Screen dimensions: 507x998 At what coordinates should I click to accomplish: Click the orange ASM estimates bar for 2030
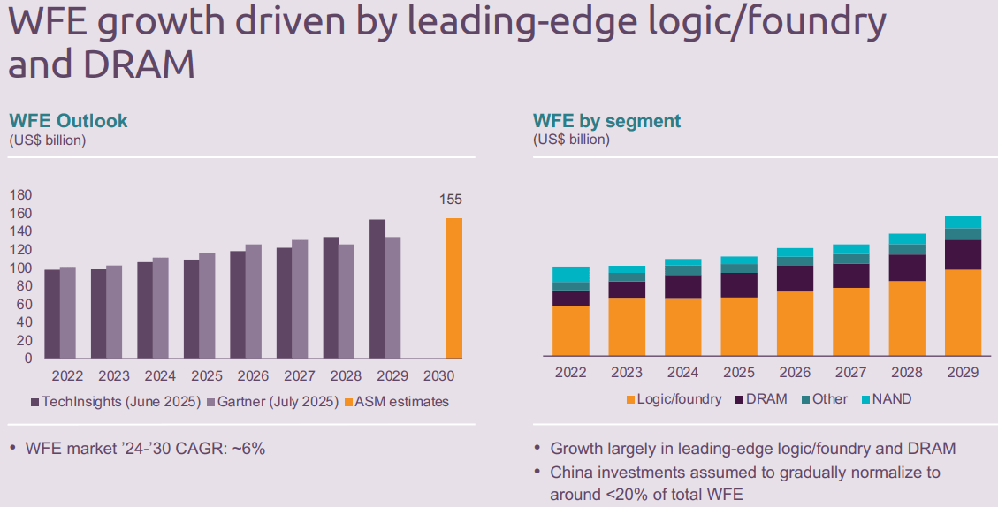pos(453,288)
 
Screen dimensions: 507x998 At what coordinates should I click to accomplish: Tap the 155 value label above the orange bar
pos(451,200)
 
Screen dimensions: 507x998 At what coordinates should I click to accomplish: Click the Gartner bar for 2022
pos(68,313)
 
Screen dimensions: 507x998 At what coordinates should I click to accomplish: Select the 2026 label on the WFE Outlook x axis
pos(254,375)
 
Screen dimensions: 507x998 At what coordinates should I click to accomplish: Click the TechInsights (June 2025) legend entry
pos(115,402)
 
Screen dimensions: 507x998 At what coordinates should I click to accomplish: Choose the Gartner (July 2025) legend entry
pos(272,402)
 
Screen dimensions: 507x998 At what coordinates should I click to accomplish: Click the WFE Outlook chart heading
pos(68,121)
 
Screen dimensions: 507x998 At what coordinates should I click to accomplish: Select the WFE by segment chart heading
pos(606,121)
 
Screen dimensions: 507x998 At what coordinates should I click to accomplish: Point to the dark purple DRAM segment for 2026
pos(795,278)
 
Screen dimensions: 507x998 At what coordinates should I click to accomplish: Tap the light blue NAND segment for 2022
pos(570,274)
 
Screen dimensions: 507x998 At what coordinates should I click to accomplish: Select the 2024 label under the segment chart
pos(682,373)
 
